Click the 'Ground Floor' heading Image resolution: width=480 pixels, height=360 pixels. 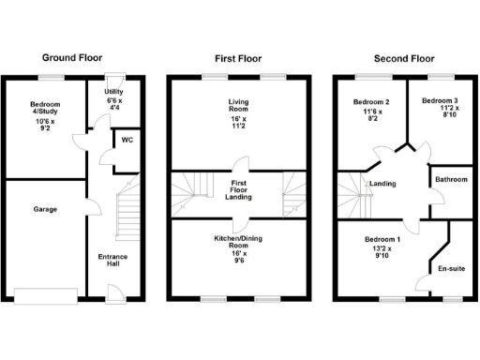[x=72, y=58]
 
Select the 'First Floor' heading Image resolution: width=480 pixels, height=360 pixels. [x=237, y=58]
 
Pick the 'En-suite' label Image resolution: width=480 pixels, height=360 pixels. [x=450, y=269]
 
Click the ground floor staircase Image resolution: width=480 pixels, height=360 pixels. [x=125, y=211]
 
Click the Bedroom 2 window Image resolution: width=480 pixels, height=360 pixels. [x=367, y=75]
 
